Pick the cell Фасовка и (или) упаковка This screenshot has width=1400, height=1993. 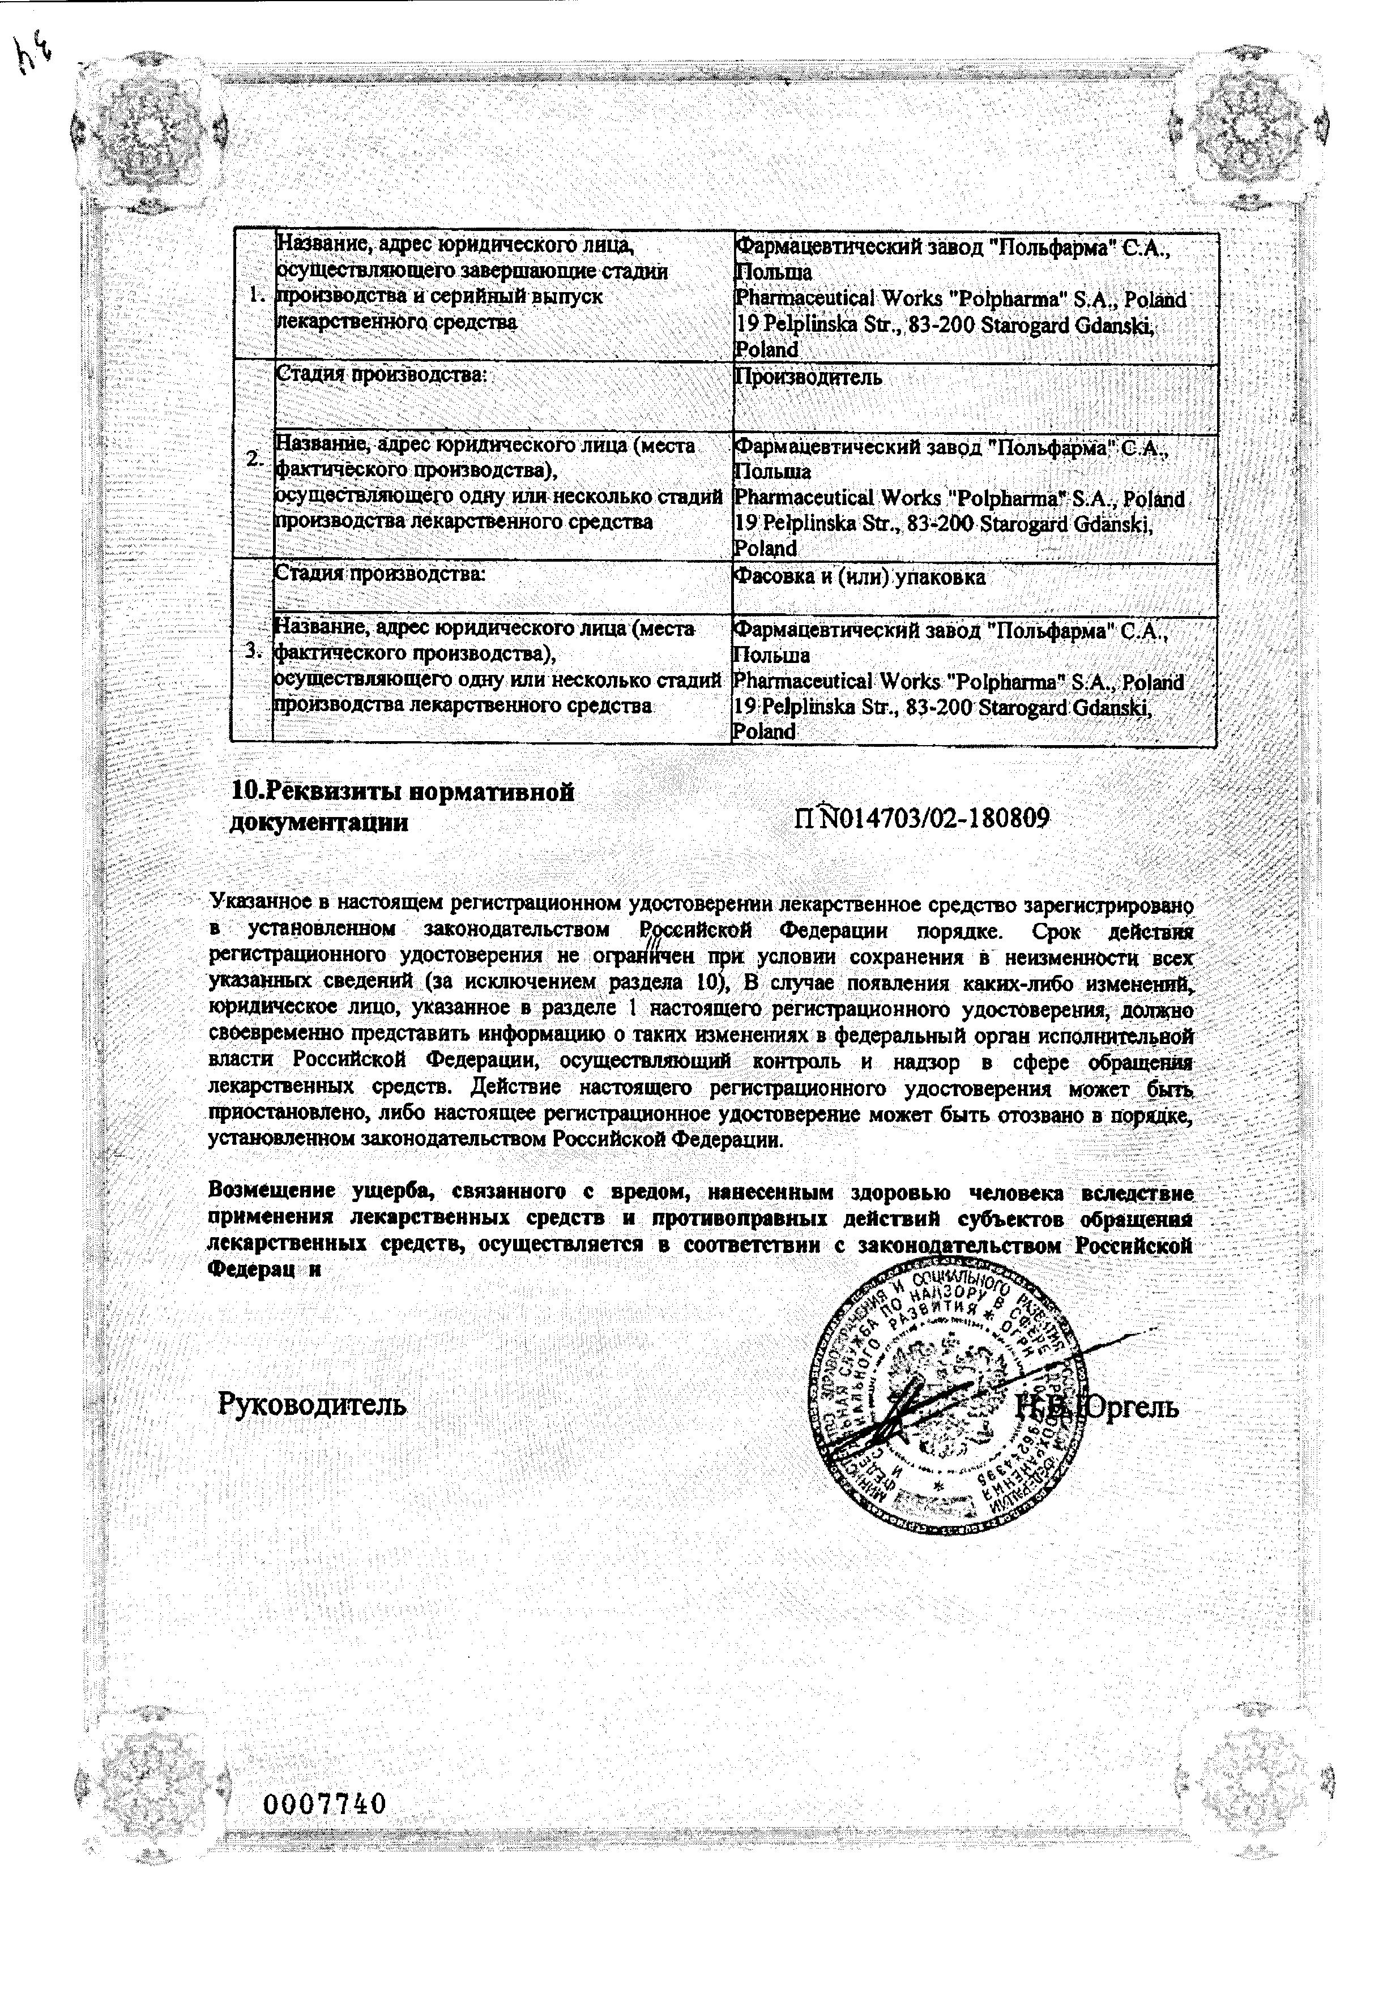pyautogui.click(x=860, y=578)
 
